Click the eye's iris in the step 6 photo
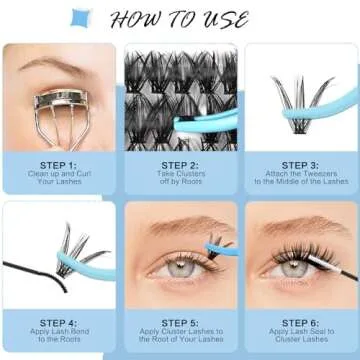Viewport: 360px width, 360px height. (x=292, y=267)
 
